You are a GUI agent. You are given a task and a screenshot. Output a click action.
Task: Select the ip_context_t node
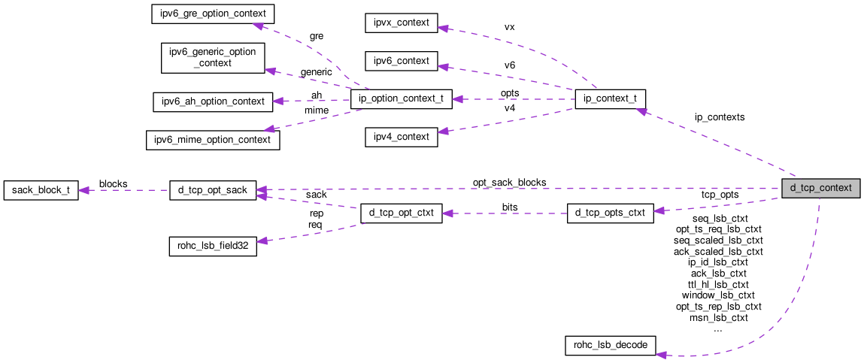609,99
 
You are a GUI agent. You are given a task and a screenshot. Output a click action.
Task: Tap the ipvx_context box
400,23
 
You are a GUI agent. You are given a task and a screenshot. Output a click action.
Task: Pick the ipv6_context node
400,61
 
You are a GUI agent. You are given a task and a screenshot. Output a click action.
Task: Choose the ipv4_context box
400,137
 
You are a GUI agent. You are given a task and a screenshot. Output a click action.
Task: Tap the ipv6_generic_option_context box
213,57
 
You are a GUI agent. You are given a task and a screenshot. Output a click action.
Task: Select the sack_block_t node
41,190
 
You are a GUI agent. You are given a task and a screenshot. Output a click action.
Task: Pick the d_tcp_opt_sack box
213,190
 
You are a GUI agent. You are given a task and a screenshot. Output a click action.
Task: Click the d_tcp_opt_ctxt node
401,213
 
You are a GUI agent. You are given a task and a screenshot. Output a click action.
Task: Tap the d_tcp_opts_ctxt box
610,213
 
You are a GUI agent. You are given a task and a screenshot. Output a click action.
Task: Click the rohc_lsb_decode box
611,346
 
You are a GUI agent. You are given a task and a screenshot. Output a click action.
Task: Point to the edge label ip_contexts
720,117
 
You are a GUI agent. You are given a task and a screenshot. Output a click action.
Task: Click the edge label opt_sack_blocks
509,183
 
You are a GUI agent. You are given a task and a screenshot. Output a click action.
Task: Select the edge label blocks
113,183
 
